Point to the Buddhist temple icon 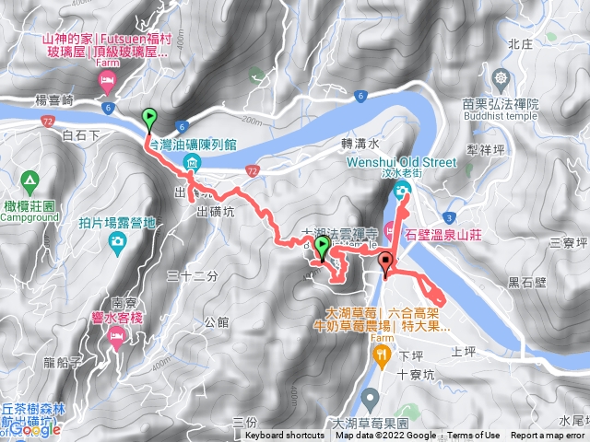(501, 76)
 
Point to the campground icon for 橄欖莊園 (30, 181)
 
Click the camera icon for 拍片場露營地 (117, 241)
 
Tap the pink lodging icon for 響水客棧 (117, 341)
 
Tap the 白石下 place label (81, 134)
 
